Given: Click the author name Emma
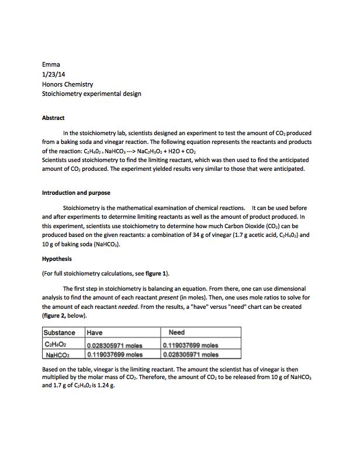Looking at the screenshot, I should [51, 64].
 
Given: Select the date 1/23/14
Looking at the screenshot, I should [56, 74].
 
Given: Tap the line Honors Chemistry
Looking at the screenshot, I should [67, 84].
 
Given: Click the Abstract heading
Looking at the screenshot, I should [53, 118].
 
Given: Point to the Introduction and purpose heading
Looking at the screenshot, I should [76, 192].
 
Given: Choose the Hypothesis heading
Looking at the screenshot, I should [57, 259].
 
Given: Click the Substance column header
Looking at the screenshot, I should [60, 333].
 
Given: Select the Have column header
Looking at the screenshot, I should [95, 333].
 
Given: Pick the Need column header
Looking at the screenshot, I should [176, 333].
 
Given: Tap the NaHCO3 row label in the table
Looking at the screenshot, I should [57, 354].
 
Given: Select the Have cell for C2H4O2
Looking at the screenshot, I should [115, 345].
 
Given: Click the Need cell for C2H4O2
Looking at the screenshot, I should [191, 345].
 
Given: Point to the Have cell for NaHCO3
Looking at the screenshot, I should [115, 354].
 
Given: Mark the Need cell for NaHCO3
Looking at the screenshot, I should [191, 354].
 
